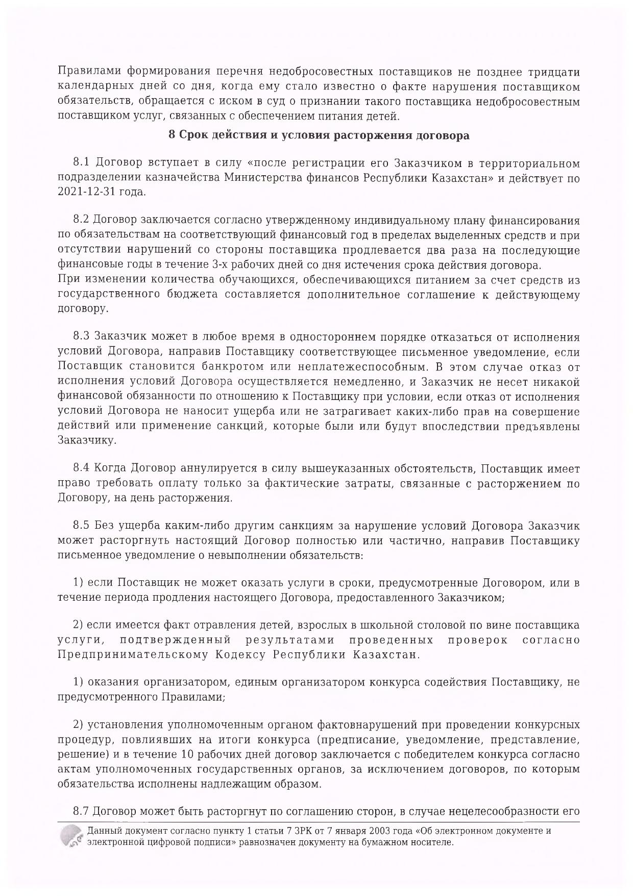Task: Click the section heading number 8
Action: (172, 136)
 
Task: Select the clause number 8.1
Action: (82, 163)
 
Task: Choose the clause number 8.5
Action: (82, 526)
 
